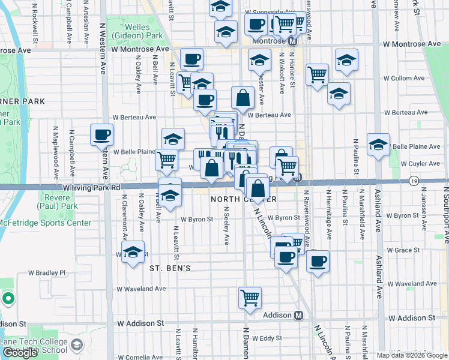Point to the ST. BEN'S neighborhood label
click(170, 268)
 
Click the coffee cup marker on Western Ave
click(101, 134)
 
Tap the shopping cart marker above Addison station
click(250, 297)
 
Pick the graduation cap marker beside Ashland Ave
click(379, 145)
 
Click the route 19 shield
click(414, 181)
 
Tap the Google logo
click(20, 353)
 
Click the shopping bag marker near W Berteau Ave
click(243, 98)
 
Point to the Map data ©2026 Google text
click(411, 355)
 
